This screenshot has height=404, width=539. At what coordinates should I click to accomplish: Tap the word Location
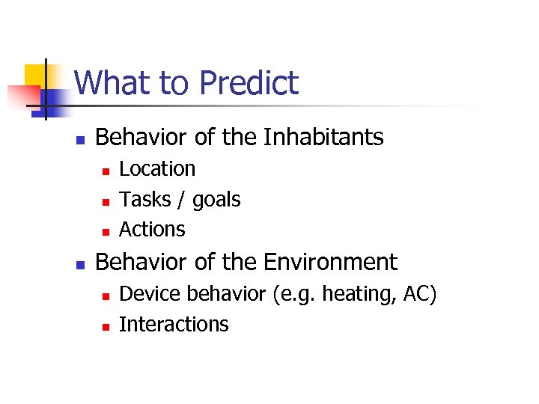click(157, 169)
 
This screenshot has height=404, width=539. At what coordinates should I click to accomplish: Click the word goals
click(216, 201)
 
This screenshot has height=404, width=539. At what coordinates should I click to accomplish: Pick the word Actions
click(152, 229)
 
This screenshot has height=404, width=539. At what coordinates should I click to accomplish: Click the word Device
click(150, 294)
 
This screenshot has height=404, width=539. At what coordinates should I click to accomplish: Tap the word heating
click(355, 295)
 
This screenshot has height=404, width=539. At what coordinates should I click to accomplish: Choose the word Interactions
click(174, 324)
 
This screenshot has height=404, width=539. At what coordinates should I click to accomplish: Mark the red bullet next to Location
click(106, 171)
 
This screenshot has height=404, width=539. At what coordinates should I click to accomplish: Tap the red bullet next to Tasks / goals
click(106, 201)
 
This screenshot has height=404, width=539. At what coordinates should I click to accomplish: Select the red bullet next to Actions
click(106, 230)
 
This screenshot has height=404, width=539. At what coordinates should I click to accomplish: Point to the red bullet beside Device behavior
click(106, 296)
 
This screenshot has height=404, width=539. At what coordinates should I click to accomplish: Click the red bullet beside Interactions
click(106, 325)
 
